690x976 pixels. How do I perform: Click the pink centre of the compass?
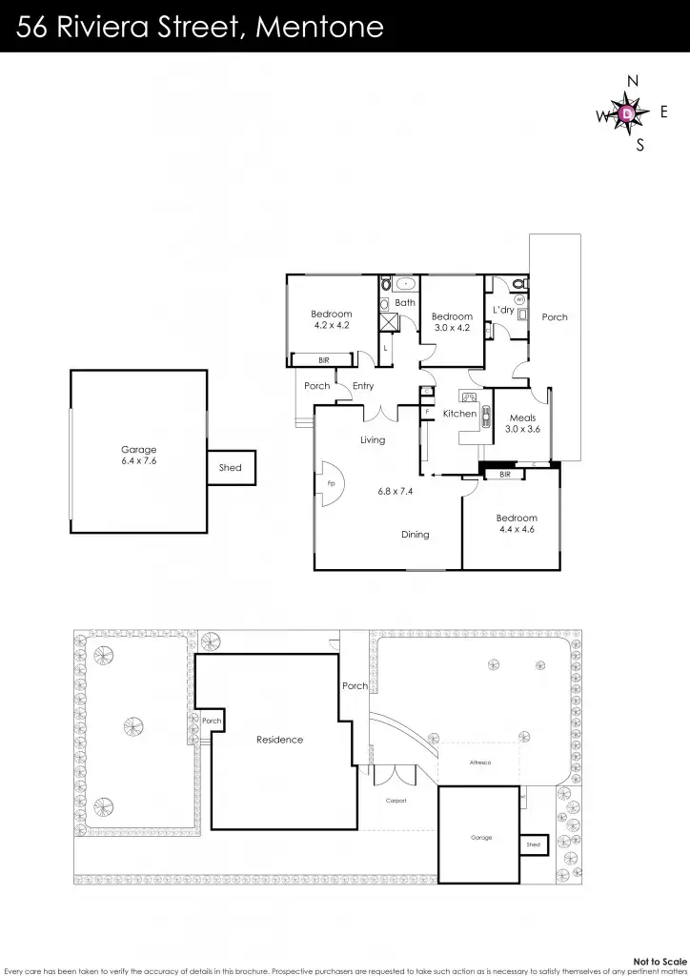coord(626,114)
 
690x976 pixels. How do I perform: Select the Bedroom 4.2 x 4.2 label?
coord(332,319)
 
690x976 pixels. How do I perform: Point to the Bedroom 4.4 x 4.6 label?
coord(517,524)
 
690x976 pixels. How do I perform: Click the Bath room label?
coord(405,303)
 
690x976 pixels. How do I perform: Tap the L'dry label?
coord(503,311)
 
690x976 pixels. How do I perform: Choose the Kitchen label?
coord(459,414)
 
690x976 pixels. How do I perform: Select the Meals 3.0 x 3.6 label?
coord(522,423)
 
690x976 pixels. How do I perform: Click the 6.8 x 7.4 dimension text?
coord(397,491)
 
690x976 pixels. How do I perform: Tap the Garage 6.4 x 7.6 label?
coord(138,456)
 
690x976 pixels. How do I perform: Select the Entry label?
coord(363,386)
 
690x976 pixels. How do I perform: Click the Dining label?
coord(415,535)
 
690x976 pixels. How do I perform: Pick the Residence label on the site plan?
coord(279,740)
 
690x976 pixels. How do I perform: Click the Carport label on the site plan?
coord(396,801)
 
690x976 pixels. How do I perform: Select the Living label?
coord(373,440)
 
